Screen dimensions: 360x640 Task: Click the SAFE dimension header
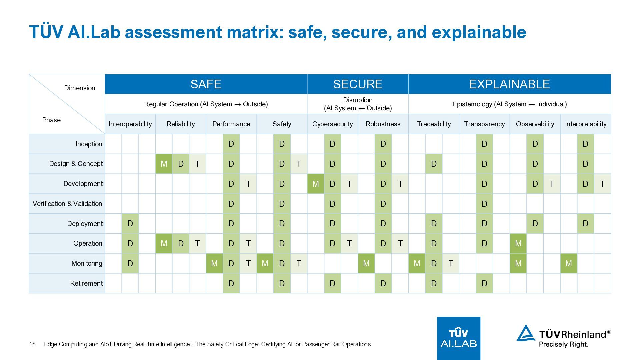(206, 84)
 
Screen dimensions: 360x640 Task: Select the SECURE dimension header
(358, 84)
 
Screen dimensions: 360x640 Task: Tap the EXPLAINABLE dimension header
(509, 84)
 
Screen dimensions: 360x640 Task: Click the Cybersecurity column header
(332, 124)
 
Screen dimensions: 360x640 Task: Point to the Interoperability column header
(130, 124)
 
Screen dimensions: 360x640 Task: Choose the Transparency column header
(484, 124)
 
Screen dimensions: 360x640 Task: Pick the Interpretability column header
(586, 124)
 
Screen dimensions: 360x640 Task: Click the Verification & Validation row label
(67, 204)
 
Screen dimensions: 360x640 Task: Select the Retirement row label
(86, 283)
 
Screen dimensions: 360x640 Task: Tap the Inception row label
(89, 144)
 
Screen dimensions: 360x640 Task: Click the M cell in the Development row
(315, 184)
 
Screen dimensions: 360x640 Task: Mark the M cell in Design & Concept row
(164, 164)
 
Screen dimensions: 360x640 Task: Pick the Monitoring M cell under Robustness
(366, 263)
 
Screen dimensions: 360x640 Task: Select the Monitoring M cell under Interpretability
(568, 263)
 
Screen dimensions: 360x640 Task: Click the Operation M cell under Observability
(518, 243)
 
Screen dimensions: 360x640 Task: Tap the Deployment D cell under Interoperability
(130, 223)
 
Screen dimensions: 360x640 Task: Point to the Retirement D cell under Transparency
(484, 283)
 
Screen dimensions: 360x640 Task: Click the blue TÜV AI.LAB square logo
(458, 338)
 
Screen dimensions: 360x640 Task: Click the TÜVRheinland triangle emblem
(526, 334)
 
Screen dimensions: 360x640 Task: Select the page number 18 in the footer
(32, 344)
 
